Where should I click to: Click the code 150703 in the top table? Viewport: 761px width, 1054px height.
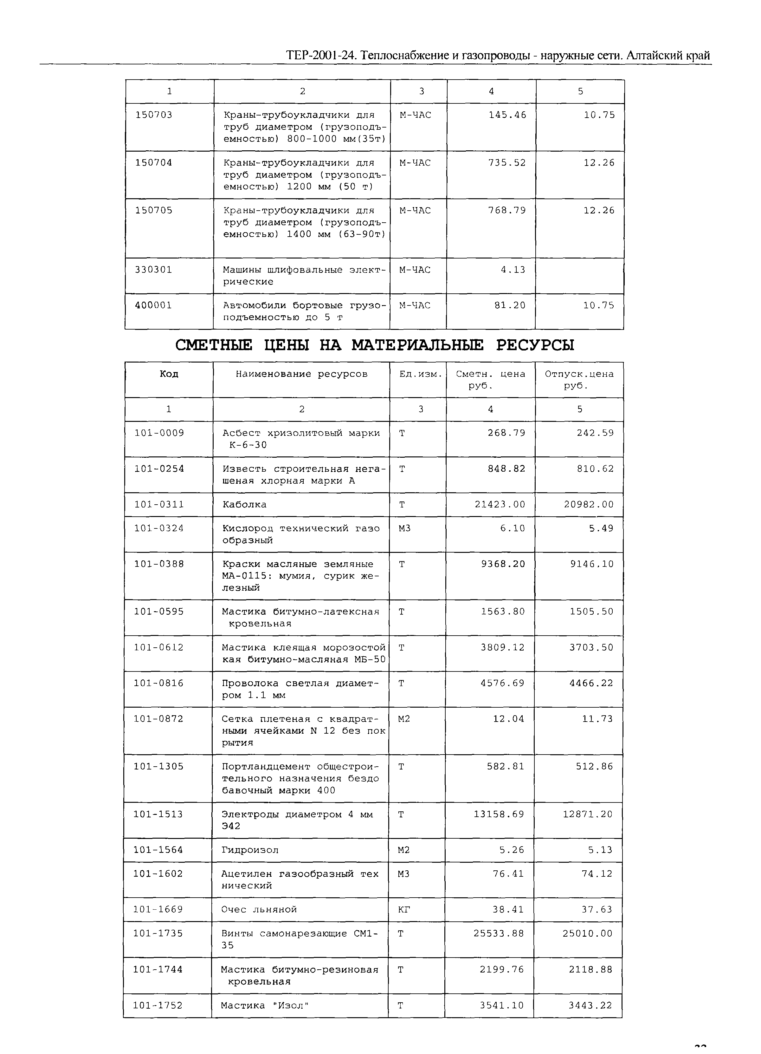click(x=154, y=115)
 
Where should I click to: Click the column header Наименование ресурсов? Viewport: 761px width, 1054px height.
click(x=301, y=374)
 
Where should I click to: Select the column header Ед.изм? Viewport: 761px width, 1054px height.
click(x=420, y=374)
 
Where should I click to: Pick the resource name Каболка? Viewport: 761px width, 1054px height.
click(x=244, y=504)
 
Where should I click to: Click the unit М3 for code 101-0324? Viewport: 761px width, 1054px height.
click(x=404, y=528)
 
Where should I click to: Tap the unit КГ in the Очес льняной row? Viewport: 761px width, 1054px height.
click(x=404, y=909)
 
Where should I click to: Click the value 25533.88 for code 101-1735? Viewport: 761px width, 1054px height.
click(x=499, y=933)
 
